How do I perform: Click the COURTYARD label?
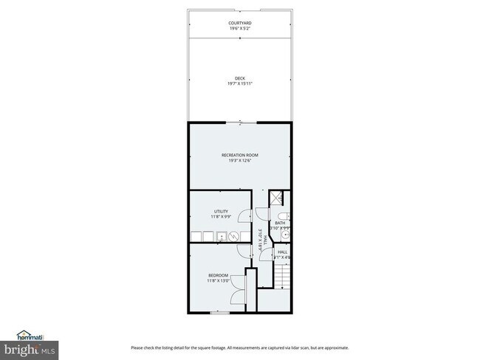coord(240,23)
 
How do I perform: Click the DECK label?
coord(240,78)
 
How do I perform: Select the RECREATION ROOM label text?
coord(240,155)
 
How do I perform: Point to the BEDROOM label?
coord(218,275)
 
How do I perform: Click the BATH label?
coord(280,223)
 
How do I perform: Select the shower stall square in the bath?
coord(276,197)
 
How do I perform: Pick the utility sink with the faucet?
coord(220,236)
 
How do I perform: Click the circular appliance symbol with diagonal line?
coord(234,236)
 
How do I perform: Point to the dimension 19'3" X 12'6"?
coord(240,161)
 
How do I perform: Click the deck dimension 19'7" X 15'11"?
coord(240,83)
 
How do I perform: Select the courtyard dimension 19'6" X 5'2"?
coord(240,29)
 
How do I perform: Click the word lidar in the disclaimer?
coord(299,348)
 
